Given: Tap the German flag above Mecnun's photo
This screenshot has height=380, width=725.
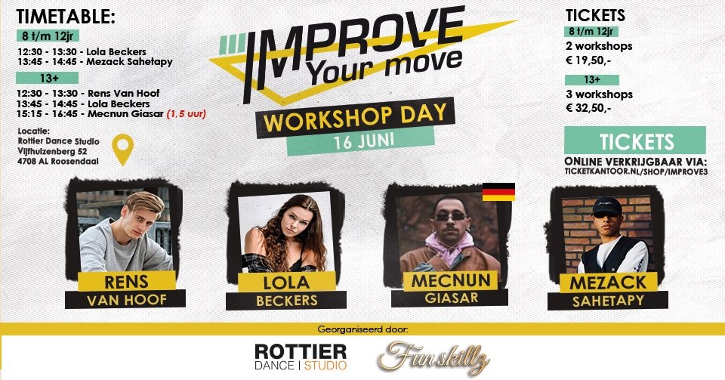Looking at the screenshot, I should (498, 191).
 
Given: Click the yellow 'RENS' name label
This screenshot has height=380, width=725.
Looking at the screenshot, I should (127, 281).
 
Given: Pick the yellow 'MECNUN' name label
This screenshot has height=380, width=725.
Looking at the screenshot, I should (452, 281).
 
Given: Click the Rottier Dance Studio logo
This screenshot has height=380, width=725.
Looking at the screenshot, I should (301, 357).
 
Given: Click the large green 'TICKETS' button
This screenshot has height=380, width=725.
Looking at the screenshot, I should (635, 141).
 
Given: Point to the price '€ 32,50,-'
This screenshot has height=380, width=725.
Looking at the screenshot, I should (599, 108).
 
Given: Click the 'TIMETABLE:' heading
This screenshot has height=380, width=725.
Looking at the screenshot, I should (66, 16).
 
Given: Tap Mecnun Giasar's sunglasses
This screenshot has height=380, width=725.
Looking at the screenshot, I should (450, 215).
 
